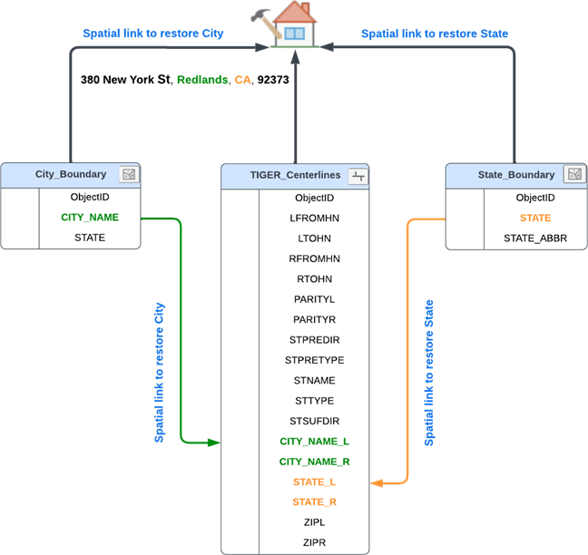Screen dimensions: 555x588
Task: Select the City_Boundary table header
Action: pyautogui.click(x=71, y=174)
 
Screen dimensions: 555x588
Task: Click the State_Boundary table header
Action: pyautogui.click(x=515, y=174)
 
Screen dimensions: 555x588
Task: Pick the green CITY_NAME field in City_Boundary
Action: pyautogui.click(x=90, y=218)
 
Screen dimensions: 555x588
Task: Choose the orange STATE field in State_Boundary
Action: pyautogui.click(x=534, y=218)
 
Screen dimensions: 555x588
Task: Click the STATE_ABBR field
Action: pyautogui.click(x=534, y=239)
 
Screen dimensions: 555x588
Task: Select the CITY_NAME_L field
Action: pyautogui.click(x=314, y=442)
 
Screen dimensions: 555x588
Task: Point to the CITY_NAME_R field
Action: pyautogui.click(x=314, y=462)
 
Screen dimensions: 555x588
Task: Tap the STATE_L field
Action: pyautogui.click(x=314, y=482)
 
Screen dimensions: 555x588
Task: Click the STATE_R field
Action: pyautogui.click(x=314, y=502)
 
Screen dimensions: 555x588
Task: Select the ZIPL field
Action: pyautogui.click(x=314, y=522)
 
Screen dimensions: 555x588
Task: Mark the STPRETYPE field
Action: pyautogui.click(x=314, y=360)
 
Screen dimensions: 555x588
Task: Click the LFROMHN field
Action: pyautogui.click(x=314, y=218)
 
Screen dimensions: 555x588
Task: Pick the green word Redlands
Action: pyautogui.click(x=202, y=81)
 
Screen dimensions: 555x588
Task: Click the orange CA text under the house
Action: pyautogui.click(x=242, y=81)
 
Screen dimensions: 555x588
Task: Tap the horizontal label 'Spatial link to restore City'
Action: pyautogui.click(x=152, y=34)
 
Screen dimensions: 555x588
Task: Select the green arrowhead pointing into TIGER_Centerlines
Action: pyautogui.click(x=214, y=443)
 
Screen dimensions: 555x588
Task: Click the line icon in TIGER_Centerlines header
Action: pyautogui.click(x=358, y=176)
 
